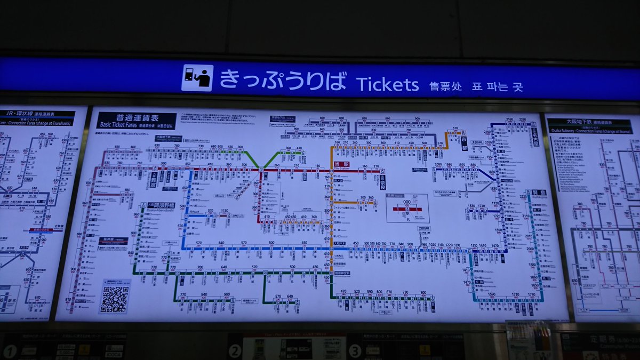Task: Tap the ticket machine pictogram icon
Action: (x=197, y=78)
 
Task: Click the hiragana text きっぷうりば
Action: (x=283, y=80)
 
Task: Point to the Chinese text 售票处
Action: (x=445, y=86)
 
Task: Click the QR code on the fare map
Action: (x=115, y=299)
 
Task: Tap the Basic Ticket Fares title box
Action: (x=137, y=121)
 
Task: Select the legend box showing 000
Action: (x=407, y=207)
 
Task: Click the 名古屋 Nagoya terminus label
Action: (x=535, y=134)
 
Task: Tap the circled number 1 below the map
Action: (x=10, y=351)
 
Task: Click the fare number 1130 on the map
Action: (x=224, y=211)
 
